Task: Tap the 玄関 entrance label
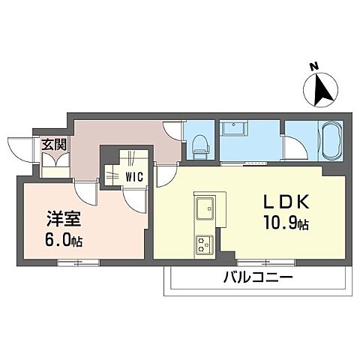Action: (52, 145)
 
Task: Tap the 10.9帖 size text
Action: (285, 223)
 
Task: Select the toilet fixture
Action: (199, 142)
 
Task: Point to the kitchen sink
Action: (204, 205)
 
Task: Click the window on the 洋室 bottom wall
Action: (77, 261)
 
